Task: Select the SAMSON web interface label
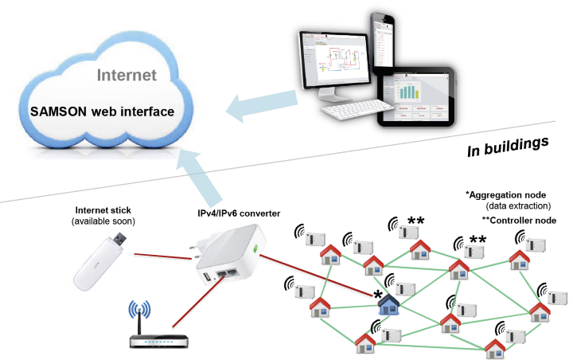coord(102,112)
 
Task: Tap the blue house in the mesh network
coord(388,304)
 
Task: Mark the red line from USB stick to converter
coord(163,257)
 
